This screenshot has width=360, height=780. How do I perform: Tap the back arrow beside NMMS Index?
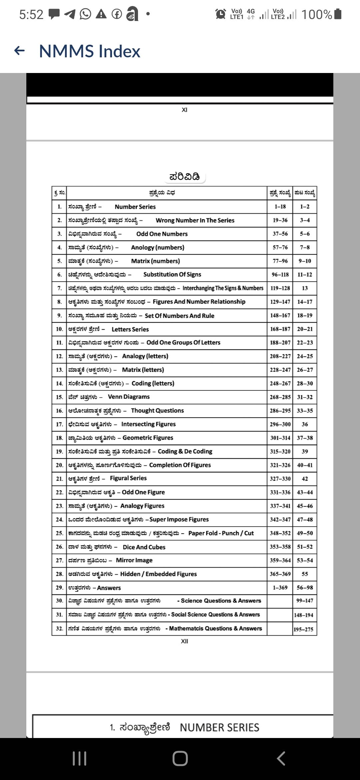[20, 51]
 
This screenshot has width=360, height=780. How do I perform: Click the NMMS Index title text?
[89, 51]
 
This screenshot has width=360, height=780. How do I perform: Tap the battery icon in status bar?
[338, 14]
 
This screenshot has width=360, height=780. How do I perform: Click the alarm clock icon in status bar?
[220, 14]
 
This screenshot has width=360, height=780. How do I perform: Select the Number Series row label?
[135, 207]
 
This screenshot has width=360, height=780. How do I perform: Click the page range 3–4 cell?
[304, 220]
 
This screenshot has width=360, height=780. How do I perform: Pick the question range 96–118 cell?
[280, 275]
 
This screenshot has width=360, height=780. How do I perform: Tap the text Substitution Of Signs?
[172, 275]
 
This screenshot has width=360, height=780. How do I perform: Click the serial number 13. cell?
[59, 370]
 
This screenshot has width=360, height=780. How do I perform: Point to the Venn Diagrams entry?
[129, 397]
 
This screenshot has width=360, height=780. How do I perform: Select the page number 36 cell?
[305, 424]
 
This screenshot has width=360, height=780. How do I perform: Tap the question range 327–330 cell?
[280, 479]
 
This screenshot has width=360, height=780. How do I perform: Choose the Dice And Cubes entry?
[144, 547]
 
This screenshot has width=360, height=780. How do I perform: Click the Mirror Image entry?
[134, 560]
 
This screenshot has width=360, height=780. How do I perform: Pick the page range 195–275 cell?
[304, 629]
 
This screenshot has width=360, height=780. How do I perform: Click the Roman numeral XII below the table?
[184, 641]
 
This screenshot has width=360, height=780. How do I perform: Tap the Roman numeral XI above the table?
[184, 110]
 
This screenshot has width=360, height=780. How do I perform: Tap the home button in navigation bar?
[180, 759]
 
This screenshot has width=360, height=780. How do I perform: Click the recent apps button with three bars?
[79, 759]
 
